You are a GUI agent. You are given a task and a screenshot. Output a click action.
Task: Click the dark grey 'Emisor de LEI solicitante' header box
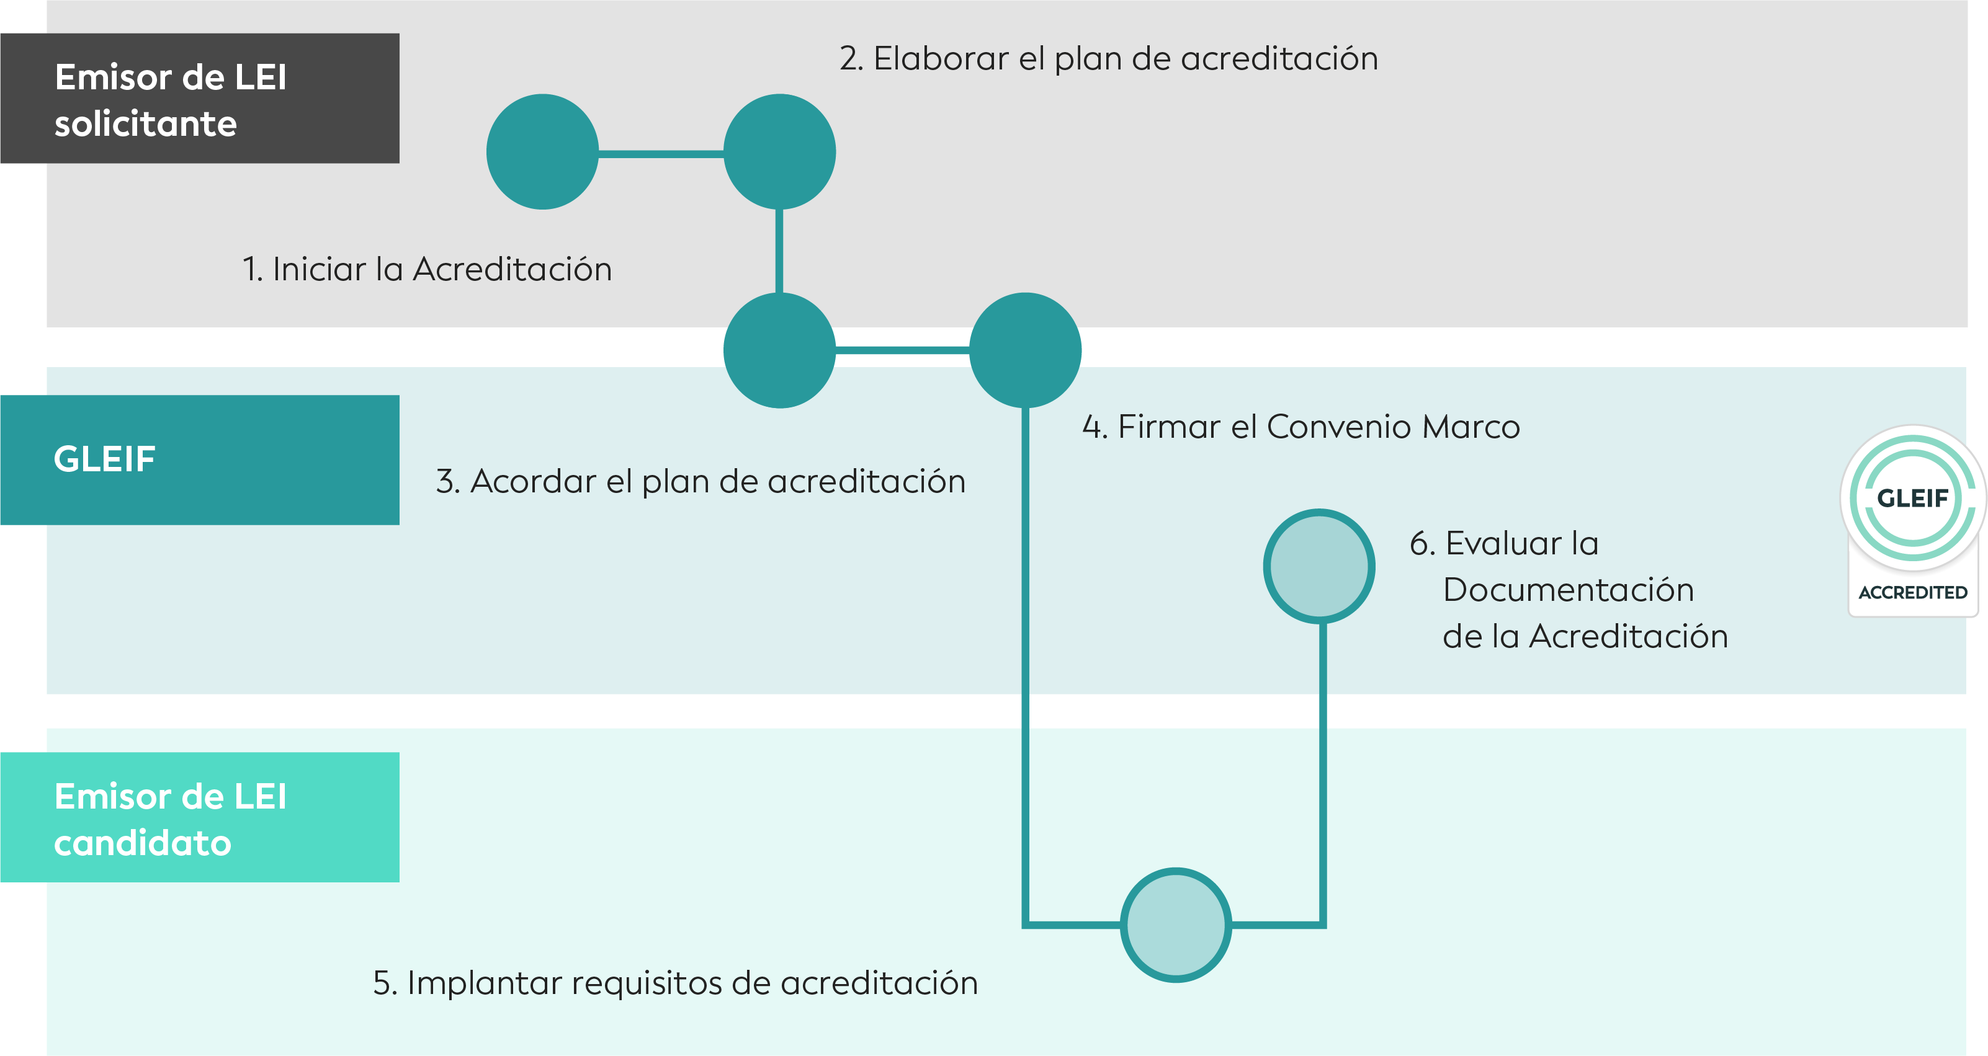point(200,98)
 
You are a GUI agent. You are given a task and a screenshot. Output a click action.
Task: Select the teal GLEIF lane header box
point(200,459)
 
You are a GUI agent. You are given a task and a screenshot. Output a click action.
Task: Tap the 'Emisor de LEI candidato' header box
point(200,817)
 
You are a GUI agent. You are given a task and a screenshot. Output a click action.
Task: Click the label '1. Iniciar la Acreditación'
point(427,269)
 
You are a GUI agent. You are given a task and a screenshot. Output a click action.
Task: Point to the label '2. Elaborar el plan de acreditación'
point(1109,60)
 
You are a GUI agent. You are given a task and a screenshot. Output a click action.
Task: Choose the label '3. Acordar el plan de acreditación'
point(701,481)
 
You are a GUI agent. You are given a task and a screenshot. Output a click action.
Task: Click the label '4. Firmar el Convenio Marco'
point(1301,427)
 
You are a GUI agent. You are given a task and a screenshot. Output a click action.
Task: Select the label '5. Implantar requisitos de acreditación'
point(675,983)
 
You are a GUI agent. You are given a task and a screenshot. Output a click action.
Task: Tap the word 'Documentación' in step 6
point(1568,590)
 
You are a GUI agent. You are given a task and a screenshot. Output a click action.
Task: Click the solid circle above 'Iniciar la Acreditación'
point(542,152)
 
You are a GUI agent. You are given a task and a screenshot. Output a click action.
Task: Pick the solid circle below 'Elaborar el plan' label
point(779,152)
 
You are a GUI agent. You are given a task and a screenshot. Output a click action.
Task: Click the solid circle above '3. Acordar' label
point(779,350)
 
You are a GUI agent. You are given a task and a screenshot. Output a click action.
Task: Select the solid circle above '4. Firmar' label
point(1025,350)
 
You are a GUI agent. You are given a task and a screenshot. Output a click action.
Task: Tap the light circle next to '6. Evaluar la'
point(1319,566)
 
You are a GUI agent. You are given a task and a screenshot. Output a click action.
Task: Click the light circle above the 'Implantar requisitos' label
point(1175,925)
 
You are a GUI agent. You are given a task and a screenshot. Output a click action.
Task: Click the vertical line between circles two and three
point(779,251)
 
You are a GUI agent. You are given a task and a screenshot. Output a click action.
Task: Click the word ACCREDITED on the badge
point(1913,592)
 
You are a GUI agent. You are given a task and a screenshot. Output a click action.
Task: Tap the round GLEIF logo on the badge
point(1913,497)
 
